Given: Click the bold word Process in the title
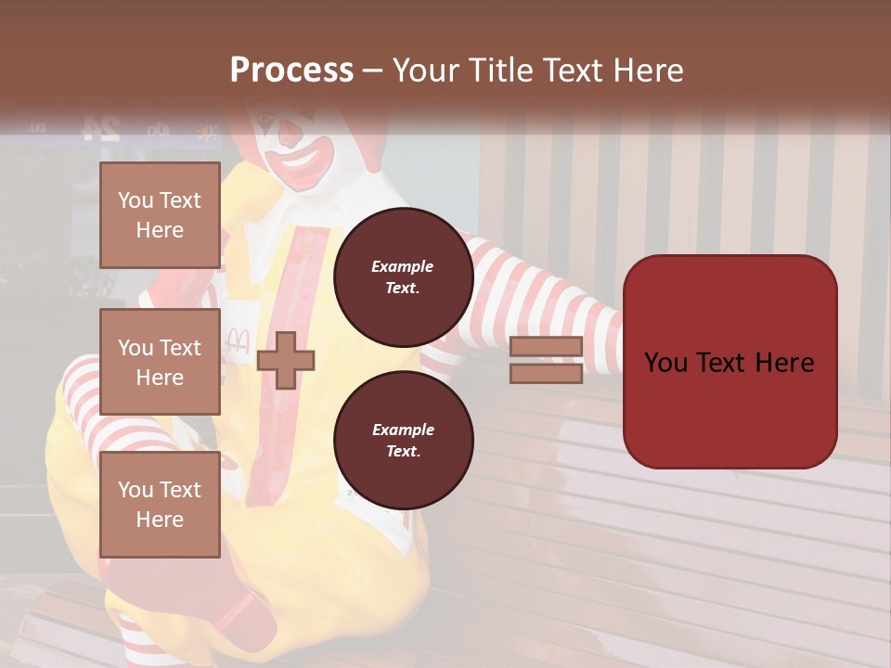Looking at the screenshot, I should (x=291, y=71).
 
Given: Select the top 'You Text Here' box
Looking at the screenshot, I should (x=160, y=215).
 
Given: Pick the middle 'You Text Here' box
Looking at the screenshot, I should (x=160, y=362).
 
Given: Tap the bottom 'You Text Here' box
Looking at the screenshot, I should (x=160, y=505).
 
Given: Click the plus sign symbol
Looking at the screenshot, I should (x=286, y=360).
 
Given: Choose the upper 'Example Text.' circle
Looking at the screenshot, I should (x=403, y=277).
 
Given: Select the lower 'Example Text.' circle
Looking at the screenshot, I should (x=403, y=441).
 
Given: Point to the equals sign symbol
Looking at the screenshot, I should (x=546, y=360).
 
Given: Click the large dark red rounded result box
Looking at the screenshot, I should (x=730, y=362).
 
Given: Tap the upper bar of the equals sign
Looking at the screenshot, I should (x=546, y=347).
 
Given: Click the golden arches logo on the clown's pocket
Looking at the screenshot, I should (x=237, y=340).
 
